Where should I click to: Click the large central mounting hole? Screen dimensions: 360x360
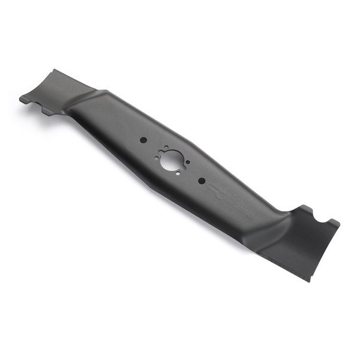click(x=172, y=160)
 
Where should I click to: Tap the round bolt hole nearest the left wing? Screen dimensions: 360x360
click(x=143, y=140)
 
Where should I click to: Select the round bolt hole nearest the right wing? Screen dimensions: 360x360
click(x=202, y=181)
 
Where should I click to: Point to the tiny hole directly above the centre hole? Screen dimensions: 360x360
click(x=166, y=147)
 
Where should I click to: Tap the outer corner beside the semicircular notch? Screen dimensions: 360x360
click(x=338, y=224)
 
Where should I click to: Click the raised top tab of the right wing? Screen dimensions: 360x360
click(x=304, y=208)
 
